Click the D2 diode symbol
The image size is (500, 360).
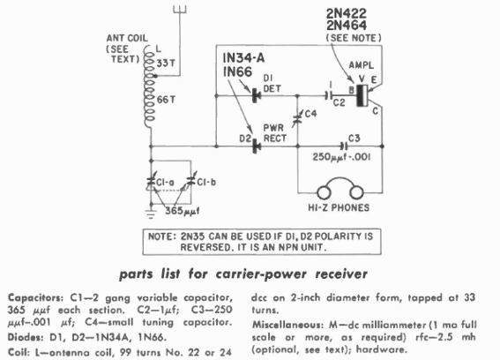(256, 142)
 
